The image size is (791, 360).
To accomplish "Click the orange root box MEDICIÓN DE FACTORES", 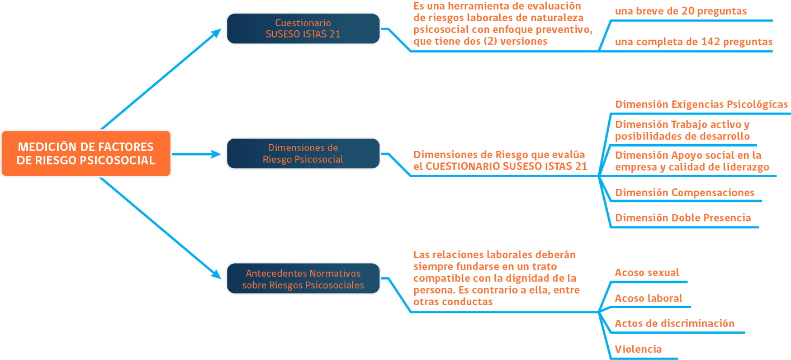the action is tap(86, 153).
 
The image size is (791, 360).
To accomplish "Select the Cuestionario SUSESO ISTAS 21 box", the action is tap(303, 29).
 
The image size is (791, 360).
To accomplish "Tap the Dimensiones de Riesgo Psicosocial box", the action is tap(303, 153).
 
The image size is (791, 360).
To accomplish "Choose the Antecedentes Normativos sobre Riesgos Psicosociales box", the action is tap(303, 278).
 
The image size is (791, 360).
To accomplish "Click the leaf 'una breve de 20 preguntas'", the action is tap(681, 11).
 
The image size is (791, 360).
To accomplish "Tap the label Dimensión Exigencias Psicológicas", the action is tap(702, 105).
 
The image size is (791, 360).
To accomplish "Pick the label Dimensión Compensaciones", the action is tap(685, 192).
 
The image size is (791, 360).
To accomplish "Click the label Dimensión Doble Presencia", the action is tap(683, 217).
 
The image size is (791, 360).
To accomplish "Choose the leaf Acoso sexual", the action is tap(647, 273).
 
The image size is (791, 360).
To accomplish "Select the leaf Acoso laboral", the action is tap(648, 299).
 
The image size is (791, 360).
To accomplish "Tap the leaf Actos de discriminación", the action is tap(675, 324).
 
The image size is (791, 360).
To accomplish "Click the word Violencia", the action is tap(638, 349).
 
